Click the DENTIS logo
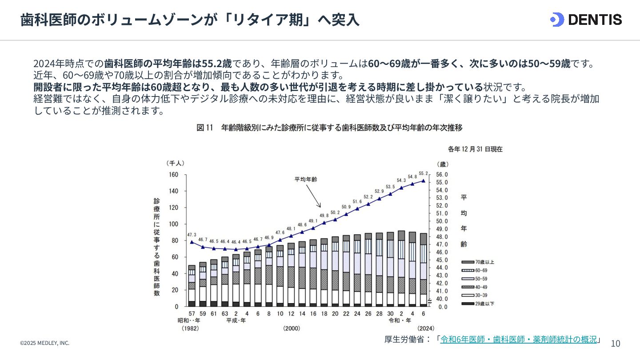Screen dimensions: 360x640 coord(586,20)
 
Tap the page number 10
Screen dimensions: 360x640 coord(616,344)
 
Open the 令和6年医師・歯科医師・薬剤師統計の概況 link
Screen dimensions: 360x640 coord(518,340)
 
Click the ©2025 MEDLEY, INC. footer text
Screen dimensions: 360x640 coord(45,343)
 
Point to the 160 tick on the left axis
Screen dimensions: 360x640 coord(173,175)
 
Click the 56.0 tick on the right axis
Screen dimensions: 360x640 coord(443,175)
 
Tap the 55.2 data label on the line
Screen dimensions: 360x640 coord(423,174)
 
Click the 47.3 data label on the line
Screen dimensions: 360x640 coord(192,235)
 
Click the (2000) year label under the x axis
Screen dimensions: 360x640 coord(292,328)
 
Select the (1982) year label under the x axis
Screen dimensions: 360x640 coord(190,328)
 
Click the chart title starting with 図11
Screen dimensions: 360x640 coord(329,128)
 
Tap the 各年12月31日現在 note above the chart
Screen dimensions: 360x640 coord(475,149)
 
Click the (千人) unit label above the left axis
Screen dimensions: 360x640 coord(175,164)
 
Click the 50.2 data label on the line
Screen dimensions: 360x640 coord(335,212)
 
